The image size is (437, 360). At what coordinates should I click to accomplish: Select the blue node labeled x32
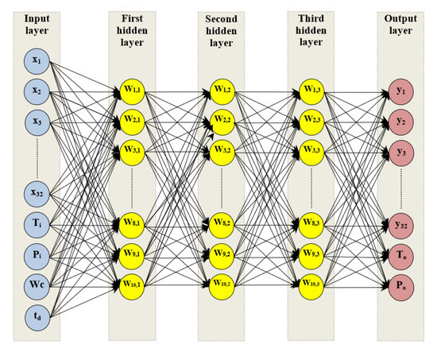[36, 192]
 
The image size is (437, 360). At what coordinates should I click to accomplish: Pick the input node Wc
[36, 284]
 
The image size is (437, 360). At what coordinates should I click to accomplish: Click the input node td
[36, 315]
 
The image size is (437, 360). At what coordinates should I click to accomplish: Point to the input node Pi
[36, 253]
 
